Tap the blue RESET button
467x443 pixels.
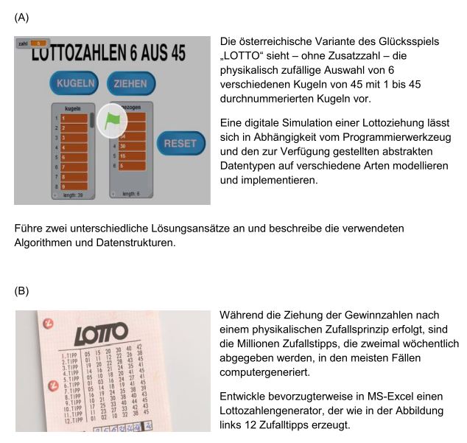click(x=180, y=143)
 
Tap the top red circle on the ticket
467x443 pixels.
click(x=49, y=322)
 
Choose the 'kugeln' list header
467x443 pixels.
click(x=72, y=108)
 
